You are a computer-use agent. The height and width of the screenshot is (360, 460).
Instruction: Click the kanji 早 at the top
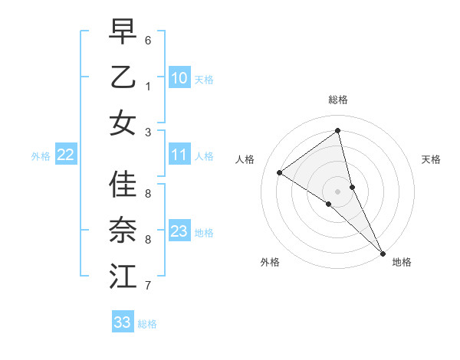pos(123,31)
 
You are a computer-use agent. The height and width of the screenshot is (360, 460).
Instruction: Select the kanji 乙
pos(123,77)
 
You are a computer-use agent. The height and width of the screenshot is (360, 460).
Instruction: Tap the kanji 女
pos(123,123)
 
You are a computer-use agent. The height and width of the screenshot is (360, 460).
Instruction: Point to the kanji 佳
pos(123,185)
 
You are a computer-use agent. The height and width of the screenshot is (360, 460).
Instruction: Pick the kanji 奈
pos(123,231)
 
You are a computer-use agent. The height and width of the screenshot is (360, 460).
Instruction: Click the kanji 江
pos(123,276)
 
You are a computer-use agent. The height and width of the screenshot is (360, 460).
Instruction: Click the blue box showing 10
pos(179,78)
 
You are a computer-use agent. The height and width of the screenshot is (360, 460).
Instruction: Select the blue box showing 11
pos(179,155)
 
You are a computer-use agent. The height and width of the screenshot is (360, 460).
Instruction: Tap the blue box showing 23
pos(179,231)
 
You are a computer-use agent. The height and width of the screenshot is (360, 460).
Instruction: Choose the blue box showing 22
pos(66,155)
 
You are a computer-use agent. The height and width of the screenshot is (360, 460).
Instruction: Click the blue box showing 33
pos(123,322)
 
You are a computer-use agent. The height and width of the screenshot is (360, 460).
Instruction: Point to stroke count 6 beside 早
pos(148,40)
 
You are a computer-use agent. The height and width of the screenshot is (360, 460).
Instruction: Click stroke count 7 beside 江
pos(148,286)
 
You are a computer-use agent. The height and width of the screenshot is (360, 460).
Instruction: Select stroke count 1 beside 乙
pos(148,86)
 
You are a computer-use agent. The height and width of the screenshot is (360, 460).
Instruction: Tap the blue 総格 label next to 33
pos(147,324)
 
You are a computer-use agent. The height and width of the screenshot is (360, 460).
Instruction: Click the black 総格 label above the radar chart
pos(337,100)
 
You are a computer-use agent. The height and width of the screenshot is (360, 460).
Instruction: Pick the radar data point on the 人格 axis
pos(279,172)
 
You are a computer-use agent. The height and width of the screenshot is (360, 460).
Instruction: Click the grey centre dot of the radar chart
pos(337,191)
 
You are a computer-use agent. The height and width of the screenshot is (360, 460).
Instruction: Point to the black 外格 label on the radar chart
pos(270,262)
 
